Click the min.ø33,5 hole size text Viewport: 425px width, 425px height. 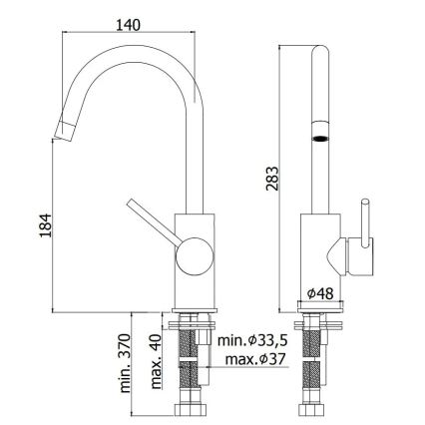tap(253, 342)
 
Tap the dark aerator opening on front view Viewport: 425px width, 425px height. tap(320, 141)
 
